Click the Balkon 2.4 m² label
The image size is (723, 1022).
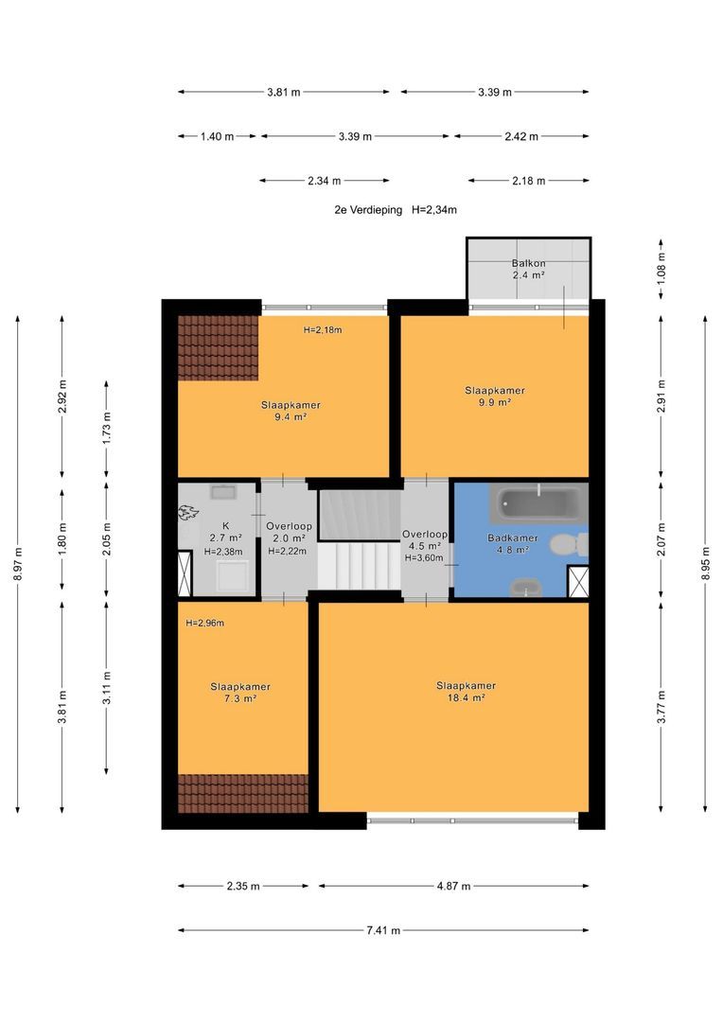coord(528,269)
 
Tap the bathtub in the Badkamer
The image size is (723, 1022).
coord(539,503)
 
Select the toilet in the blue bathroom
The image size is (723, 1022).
coord(567,544)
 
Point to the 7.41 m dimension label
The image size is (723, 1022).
coord(383,930)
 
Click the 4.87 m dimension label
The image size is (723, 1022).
coord(453,886)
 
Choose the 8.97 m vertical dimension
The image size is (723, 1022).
coord(18,564)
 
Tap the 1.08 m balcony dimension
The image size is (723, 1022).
coord(661,269)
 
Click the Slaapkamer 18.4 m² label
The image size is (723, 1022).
coord(467,692)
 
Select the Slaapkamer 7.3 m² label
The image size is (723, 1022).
coord(240,692)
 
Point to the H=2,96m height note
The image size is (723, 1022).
coord(204,623)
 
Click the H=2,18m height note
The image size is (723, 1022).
coord(323,330)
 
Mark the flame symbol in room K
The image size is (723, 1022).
coord(188,513)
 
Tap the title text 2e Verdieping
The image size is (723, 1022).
coord(368,210)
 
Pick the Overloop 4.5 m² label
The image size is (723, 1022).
coord(424,540)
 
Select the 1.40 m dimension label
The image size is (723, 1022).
coord(217,136)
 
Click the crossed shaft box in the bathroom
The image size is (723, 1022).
coord(578,582)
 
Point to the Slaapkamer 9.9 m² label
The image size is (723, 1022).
coord(495,396)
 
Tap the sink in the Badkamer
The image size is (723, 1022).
coord(525,588)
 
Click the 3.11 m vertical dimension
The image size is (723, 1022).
coord(106,688)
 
